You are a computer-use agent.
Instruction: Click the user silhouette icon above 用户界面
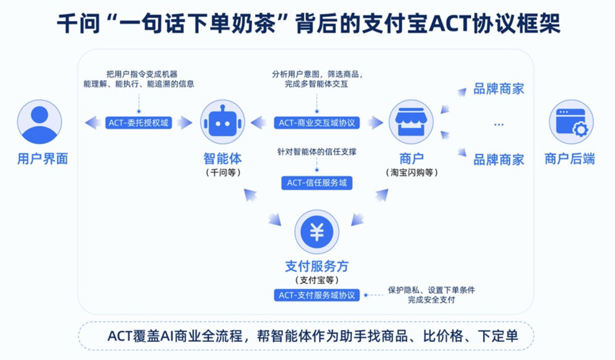[x=39, y=122]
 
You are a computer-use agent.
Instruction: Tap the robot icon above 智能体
[x=222, y=122]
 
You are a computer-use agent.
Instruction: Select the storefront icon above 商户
[x=411, y=122]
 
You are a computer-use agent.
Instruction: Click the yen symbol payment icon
[x=317, y=232]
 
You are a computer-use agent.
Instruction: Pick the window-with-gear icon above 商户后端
[x=571, y=122]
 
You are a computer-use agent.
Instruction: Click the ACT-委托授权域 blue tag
[x=138, y=122]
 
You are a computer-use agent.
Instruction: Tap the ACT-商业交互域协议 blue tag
[x=317, y=122]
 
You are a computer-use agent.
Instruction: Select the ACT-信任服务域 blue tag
[x=317, y=183]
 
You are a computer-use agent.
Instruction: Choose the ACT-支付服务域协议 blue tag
[x=317, y=295]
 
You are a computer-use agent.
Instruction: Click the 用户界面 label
[x=43, y=159]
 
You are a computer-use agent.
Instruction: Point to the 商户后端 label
[x=570, y=159]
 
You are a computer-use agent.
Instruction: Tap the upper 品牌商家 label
[x=499, y=89]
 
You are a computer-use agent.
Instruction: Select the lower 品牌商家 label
[x=499, y=159]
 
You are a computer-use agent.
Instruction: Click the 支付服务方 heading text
[x=317, y=266]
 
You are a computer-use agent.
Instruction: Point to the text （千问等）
[x=223, y=172]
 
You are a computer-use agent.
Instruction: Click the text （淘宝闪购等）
[x=412, y=172]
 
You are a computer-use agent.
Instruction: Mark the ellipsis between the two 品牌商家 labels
[x=499, y=124]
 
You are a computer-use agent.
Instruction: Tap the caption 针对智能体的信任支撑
[x=317, y=152]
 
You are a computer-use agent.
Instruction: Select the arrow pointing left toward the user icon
[x=92, y=122]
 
